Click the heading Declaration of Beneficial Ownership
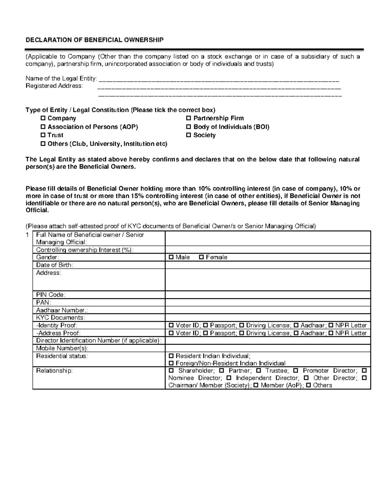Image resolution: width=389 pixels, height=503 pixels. [95, 40]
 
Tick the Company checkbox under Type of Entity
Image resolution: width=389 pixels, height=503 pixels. [43, 118]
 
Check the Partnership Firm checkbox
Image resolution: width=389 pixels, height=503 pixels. [189, 118]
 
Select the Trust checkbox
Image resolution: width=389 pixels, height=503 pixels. [43, 135]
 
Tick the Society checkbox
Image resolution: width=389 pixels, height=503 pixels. [189, 135]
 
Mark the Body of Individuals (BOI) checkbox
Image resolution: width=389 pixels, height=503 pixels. [189, 127]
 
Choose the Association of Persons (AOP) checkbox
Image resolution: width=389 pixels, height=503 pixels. [43, 127]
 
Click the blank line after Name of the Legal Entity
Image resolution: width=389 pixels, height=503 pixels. [219, 79]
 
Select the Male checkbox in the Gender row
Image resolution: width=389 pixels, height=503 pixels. [171, 257]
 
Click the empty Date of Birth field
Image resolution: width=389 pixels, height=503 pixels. [267, 265]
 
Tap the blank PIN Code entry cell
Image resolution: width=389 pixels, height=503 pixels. [267, 295]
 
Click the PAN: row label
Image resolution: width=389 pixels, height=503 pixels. [43, 302]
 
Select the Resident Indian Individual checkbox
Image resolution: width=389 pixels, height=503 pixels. [171, 356]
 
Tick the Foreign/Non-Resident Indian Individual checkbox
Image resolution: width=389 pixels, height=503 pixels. [171, 363]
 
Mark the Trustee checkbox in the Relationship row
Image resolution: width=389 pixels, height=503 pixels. [258, 370]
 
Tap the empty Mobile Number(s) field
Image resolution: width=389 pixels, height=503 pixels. [267, 348]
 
